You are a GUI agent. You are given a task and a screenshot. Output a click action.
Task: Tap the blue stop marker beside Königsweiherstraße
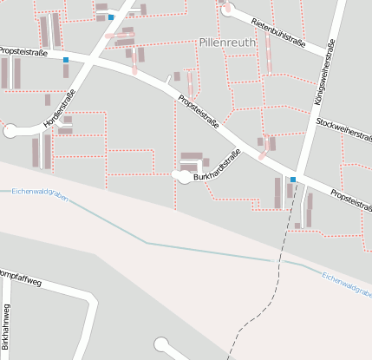pos(294,179)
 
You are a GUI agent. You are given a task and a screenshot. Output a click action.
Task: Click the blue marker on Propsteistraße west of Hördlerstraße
pos(65,59)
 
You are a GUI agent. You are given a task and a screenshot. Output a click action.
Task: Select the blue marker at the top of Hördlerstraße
pos(111,16)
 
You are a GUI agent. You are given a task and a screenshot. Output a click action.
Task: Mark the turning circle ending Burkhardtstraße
pos(180,176)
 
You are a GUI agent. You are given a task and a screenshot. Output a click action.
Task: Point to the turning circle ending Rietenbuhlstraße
pos(228,11)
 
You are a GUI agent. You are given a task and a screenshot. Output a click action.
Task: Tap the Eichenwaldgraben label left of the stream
pos(40,192)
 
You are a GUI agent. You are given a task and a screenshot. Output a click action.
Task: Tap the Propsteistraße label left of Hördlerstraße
pos(23,52)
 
